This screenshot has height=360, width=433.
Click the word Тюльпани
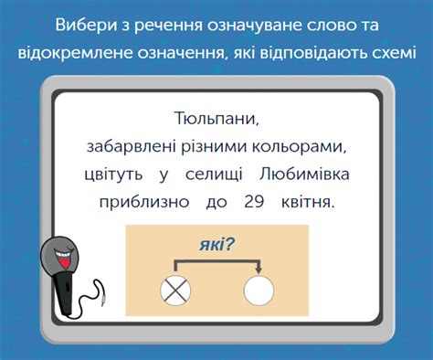[216, 121]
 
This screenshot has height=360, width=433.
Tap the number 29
[255, 200]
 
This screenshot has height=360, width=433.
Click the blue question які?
[217, 244]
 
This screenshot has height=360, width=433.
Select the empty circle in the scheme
[259, 291]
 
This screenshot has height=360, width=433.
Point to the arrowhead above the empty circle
[259, 270]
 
